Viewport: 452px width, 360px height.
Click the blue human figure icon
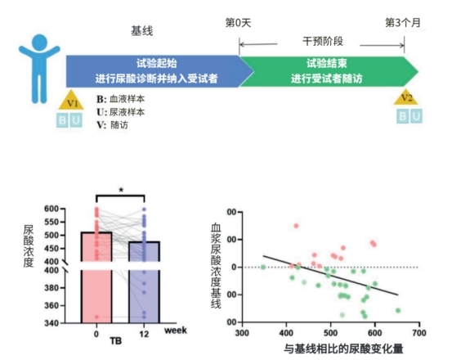click(36, 65)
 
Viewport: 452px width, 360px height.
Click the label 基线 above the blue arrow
click(142, 30)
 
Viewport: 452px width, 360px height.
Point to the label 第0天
click(239, 22)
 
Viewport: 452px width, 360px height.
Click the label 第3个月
click(403, 22)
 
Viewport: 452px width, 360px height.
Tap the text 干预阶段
click(322, 39)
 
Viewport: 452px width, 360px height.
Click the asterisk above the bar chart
click(120, 190)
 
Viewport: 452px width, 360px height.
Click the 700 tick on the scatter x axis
click(419, 334)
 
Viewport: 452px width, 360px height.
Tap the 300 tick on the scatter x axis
click(241, 334)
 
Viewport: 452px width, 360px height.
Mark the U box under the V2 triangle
click(417, 116)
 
